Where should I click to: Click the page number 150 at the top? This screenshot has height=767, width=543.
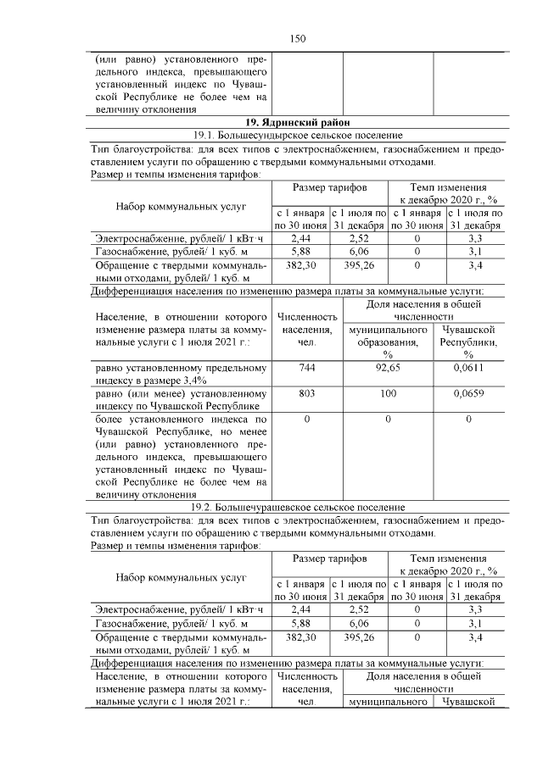click(x=297, y=39)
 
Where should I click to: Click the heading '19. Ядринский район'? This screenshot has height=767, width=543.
click(x=296, y=123)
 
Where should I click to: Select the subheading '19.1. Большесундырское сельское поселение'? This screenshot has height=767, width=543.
click(x=296, y=136)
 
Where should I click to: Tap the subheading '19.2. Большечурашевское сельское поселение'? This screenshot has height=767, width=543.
click(x=296, y=507)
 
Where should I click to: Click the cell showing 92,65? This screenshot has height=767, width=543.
click(x=388, y=369)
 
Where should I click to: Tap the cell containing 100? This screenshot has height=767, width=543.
click(x=388, y=394)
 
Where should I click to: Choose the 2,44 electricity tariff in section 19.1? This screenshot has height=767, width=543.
click(x=301, y=239)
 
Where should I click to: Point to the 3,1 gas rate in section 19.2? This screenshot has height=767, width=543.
click(x=475, y=623)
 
